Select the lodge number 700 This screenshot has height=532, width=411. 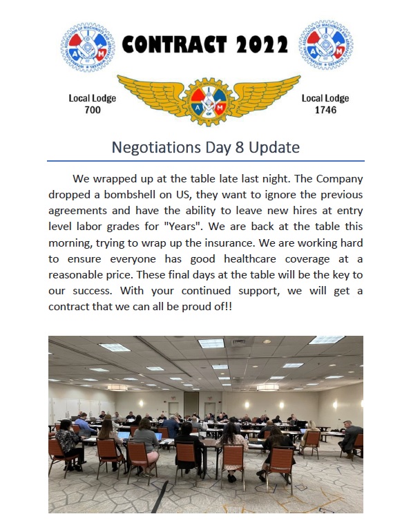coord(92,110)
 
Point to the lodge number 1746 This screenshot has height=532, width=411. coord(325,110)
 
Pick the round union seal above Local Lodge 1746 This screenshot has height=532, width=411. coord(325,45)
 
